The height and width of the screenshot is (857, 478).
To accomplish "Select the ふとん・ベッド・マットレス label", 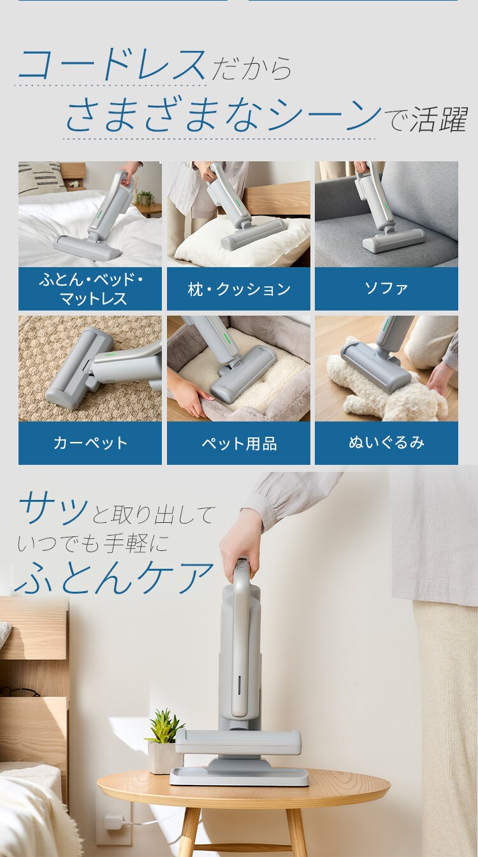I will coord(90,289).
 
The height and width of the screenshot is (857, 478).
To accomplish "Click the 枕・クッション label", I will coord(238,289).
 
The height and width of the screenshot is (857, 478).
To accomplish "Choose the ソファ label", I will coord(386,289).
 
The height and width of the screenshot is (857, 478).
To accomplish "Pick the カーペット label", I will coord(90,443).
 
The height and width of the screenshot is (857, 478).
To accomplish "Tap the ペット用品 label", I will coord(238,443).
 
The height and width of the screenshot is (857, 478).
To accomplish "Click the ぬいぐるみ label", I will coord(386,443).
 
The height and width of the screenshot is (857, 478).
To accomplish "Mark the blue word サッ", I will coord(54,509).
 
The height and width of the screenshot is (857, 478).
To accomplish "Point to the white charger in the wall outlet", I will coord(113,821).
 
